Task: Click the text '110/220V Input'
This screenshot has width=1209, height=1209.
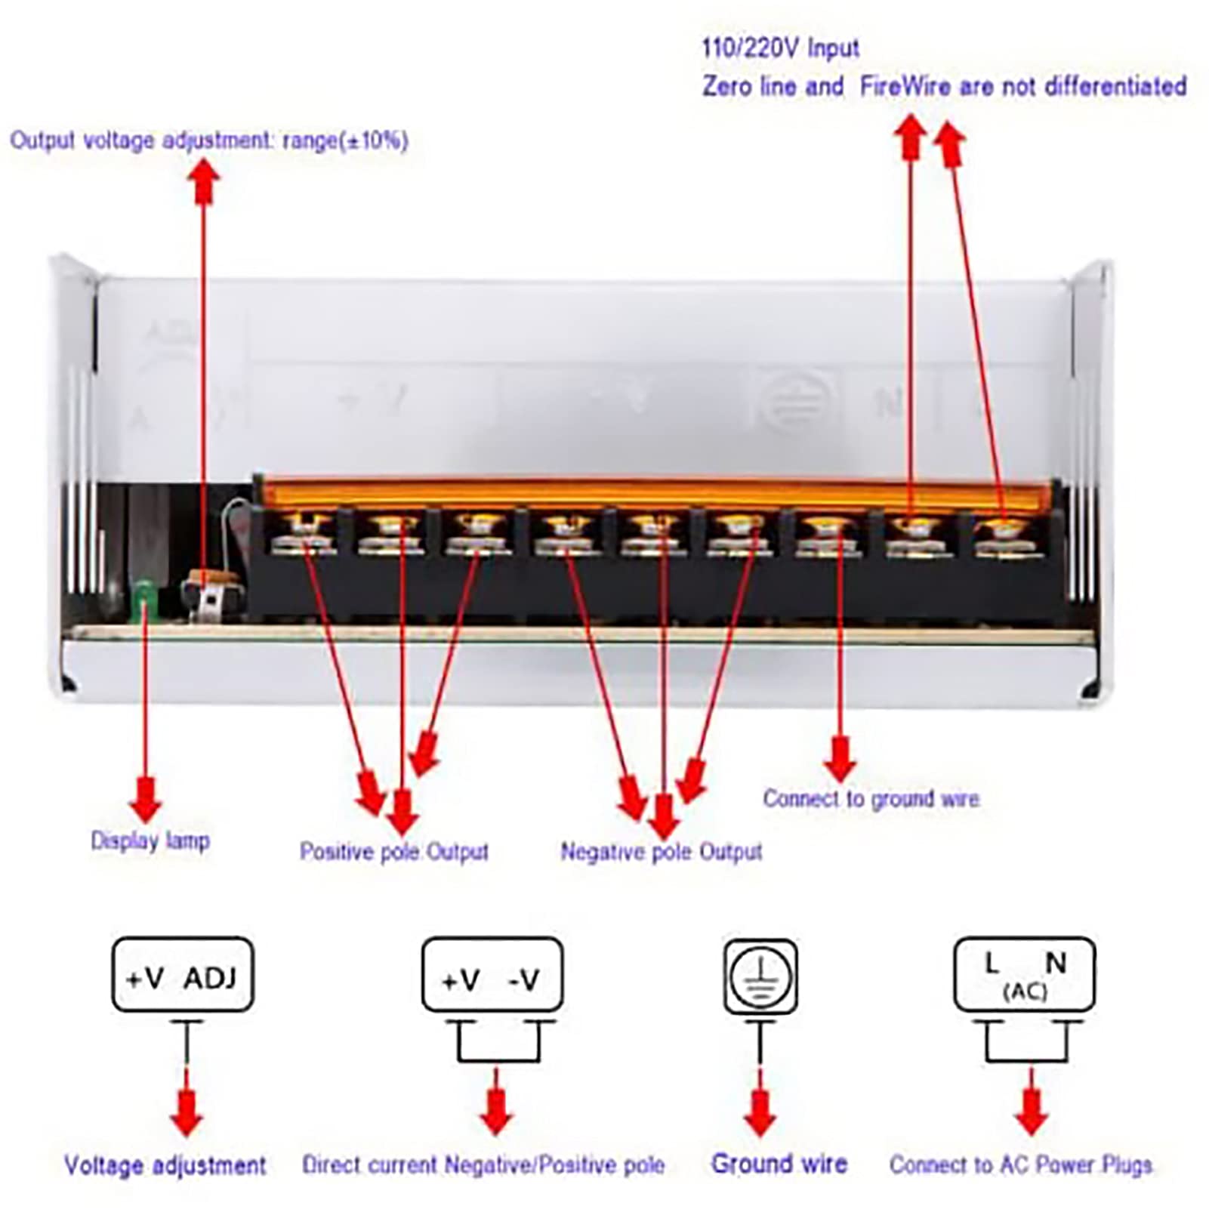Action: [780, 48]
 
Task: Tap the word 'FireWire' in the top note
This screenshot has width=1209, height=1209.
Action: [905, 86]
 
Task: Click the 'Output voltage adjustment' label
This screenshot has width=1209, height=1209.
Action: [208, 140]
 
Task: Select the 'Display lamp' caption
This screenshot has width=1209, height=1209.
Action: [150, 840]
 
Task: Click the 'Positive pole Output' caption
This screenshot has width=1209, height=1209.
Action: [393, 852]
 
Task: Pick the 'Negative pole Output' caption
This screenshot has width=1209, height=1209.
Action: [661, 852]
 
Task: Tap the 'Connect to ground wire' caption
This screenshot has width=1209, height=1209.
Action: [871, 798]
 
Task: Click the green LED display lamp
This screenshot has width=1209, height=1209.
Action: [142, 600]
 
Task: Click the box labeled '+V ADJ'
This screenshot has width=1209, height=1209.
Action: [182, 975]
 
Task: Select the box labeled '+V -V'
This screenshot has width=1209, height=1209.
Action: [492, 975]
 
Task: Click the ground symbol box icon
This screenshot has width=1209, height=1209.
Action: [760, 976]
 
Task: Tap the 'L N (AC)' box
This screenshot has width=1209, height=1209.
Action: [1024, 975]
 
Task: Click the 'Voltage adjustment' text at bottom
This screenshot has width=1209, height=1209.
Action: [165, 1165]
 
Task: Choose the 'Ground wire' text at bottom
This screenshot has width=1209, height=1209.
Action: [779, 1163]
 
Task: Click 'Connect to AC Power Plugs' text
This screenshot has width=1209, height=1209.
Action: [1021, 1164]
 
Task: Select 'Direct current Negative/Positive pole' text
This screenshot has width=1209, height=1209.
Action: [483, 1164]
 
